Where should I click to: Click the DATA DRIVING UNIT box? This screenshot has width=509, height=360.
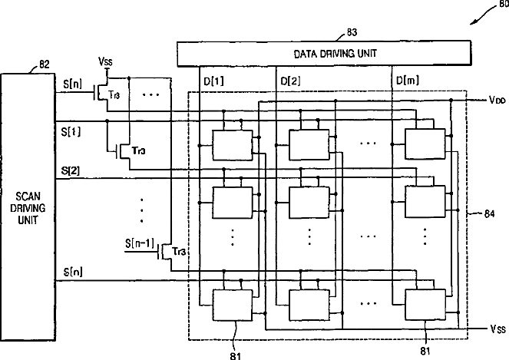point(324,54)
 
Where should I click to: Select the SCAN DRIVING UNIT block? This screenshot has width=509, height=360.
point(28,207)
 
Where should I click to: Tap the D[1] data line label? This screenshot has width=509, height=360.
point(213,81)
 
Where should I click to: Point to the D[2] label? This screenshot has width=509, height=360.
point(290,81)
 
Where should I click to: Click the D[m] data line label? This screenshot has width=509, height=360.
point(408,80)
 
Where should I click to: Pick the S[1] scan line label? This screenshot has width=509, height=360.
point(71,132)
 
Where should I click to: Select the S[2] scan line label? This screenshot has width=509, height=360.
point(70,170)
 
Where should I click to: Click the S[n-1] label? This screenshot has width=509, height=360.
point(140,243)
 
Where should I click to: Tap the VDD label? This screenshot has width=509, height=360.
point(497,100)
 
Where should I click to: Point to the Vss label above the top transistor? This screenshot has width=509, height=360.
point(105,61)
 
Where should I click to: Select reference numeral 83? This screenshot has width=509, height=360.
point(352,32)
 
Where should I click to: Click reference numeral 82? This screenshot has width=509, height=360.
point(45,64)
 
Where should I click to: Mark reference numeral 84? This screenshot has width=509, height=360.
point(489,214)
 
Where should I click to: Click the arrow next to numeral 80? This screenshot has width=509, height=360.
point(484,15)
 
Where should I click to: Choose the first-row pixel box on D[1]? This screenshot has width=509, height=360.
point(233,145)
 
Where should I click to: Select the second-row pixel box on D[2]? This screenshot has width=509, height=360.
point(309,202)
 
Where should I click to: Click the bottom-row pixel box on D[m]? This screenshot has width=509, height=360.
point(425,305)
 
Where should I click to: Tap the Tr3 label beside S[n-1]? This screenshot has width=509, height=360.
point(179,251)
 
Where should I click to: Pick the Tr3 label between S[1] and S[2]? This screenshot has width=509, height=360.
point(138,150)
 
